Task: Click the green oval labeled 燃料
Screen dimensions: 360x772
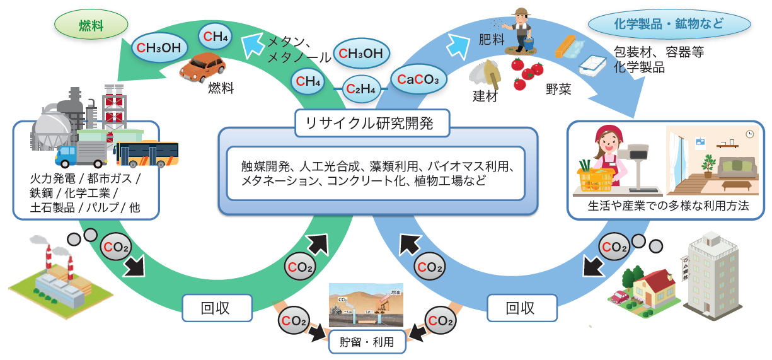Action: (91, 26)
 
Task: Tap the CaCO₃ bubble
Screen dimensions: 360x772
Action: (418, 79)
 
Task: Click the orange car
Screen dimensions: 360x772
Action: (202, 67)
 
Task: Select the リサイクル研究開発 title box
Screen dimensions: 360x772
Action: (372, 123)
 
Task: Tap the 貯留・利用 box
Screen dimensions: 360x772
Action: (367, 342)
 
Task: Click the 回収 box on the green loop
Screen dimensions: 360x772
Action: (216, 308)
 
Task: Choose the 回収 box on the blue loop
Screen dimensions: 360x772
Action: (521, 308)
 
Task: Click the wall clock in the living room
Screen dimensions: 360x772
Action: (749, 134)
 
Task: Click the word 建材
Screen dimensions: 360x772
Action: (485, 96)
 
